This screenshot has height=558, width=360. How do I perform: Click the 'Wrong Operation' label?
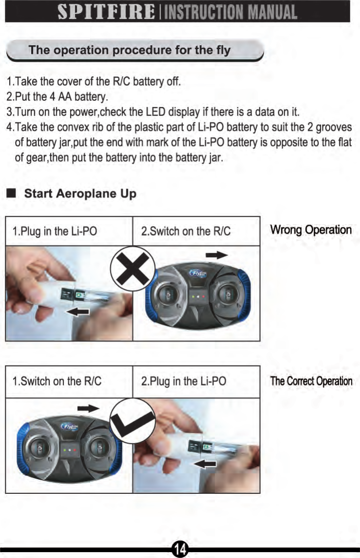(x=311, y=230)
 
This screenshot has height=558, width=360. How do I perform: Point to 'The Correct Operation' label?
(x=311, y=381)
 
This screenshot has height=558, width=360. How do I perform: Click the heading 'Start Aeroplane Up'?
(x=80, y=193)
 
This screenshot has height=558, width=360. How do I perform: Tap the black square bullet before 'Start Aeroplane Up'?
(x=11, y=193)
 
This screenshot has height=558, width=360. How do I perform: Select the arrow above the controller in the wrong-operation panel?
(x=216, y=255)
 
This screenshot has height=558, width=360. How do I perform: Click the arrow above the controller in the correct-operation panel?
(x=89, y=407)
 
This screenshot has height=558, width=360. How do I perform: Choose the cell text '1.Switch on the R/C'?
(x=57, y=381)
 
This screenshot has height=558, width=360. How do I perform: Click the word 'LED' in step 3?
(x=197, y=113)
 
